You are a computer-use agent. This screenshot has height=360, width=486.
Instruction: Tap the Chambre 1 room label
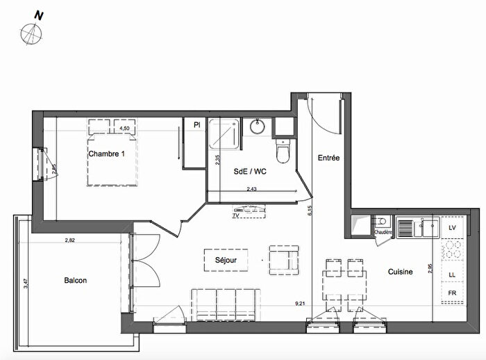(x=106, y=154)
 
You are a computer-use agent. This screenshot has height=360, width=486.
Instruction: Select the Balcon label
(x=75, y=280)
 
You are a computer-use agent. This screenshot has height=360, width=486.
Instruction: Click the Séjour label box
(x=225, y=260)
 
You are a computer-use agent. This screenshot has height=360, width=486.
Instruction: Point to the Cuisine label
(x=401, y=272)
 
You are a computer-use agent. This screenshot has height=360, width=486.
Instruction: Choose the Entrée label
(x=328, y=158)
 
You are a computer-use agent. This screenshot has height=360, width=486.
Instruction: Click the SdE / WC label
(x=249, y=171)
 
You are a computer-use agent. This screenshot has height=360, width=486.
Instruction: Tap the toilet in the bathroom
(x=283, y=150)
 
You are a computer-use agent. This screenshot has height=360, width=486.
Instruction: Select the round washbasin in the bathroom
(x=258, y=127)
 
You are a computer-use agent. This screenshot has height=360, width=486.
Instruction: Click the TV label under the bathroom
(x=237, y=215)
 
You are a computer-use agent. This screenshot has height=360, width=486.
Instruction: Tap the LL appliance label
(x=453, y=275)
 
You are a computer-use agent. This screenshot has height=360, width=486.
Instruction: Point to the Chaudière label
(x=384, y=232)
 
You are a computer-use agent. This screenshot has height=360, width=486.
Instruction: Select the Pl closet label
(x=197, y=126)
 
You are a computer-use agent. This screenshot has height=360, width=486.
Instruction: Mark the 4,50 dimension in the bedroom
(x=125, y=129)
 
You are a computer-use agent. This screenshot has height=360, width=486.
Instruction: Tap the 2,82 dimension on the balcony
(x=69, y=240)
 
